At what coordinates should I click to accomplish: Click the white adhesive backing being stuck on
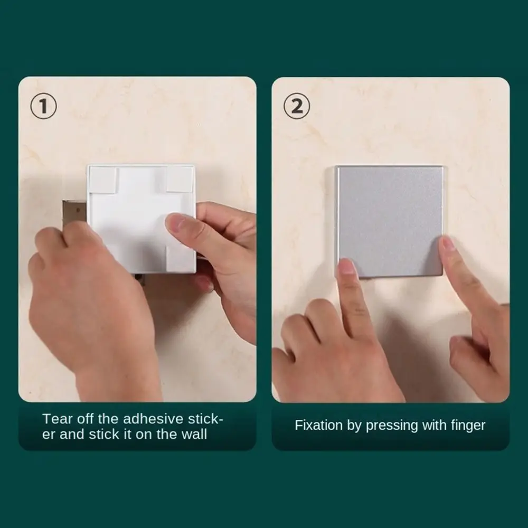142,219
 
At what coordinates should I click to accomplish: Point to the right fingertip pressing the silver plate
448,244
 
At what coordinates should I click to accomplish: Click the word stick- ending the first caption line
205,419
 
